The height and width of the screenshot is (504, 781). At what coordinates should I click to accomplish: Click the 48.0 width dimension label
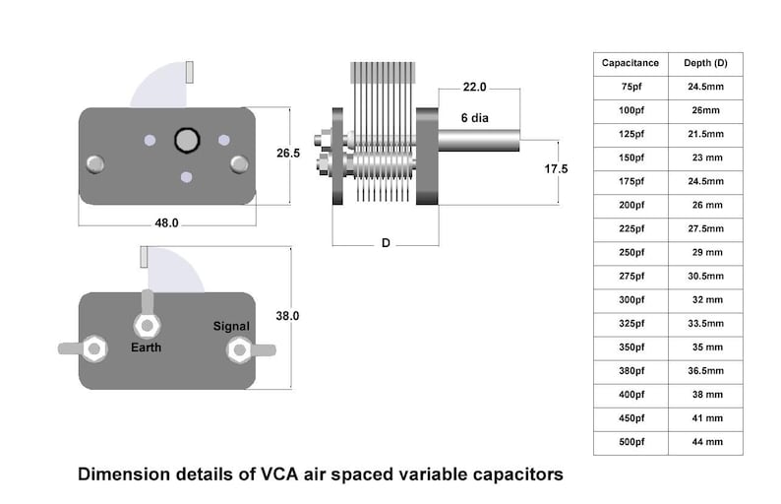click(x=166, y=223)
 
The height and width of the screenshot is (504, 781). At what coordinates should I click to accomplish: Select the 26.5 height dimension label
click(x=288, y=154)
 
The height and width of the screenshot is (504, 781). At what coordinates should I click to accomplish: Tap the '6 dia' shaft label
click(x=478, y=117)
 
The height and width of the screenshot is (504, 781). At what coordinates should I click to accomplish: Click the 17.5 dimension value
click(x=557, y=169)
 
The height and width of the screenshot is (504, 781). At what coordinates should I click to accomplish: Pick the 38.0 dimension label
click(x=287, y=316)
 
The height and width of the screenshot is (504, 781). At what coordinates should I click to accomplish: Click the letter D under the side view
click(x=386, y=243)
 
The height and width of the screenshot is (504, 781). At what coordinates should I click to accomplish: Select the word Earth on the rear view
click(x=147, y=347)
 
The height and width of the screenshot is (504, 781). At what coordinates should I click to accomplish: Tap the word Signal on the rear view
click(x=233, y=326)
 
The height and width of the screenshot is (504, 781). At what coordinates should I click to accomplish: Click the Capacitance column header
click(x=631, y=63)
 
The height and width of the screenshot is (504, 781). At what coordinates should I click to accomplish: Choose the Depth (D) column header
click(x=705, y=63)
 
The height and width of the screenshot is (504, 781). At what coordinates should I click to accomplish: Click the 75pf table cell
click(x=631, y=87)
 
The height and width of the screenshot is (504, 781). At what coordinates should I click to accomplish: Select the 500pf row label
click(x=631, y=442)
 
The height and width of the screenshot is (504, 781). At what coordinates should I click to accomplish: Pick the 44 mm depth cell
click(x=705, y=442)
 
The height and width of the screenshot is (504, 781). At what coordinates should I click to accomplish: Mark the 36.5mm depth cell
click(x=705, y=371)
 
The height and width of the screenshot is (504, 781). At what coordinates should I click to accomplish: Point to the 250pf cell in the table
click(x=631, y=253)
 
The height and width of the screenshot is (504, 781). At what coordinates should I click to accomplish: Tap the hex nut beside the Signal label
click(x=238, y=349)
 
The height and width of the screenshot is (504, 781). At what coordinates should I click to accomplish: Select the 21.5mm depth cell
click(x=705, y=134)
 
